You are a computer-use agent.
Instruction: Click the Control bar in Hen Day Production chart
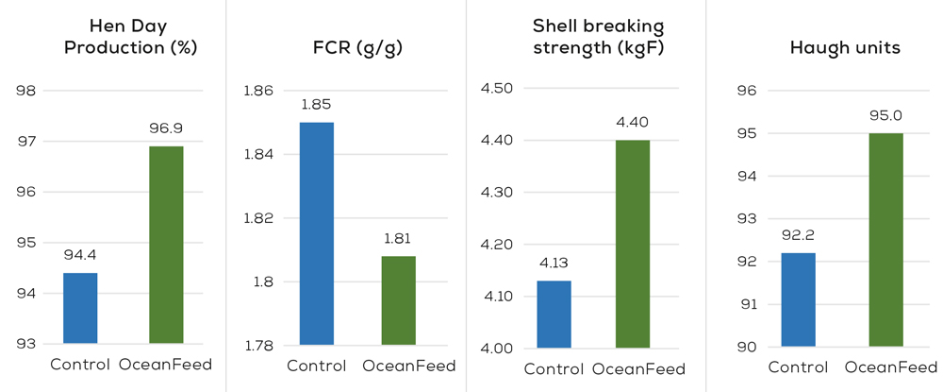[80, 308]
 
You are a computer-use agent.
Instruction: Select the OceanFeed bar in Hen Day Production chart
[166, 245]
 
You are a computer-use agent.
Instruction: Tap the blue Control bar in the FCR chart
[317, 233]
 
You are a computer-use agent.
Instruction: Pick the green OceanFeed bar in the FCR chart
[398, 300]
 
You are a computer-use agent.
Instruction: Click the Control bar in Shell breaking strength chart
[554, 315]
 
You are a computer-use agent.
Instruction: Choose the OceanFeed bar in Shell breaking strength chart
[633, 244]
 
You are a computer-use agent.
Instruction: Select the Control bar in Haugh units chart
[798, 299]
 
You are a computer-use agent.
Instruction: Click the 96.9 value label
[166, 127]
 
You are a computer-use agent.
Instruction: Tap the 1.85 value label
[317, 104]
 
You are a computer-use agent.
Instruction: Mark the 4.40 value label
[633, 122]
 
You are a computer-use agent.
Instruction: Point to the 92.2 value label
[798, 234]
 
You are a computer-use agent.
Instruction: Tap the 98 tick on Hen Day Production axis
[26, 92]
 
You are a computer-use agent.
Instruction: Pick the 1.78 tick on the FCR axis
[258, 346]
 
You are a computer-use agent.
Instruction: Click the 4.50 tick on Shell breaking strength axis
[496, 89]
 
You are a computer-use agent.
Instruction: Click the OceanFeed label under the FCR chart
[409, 366]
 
